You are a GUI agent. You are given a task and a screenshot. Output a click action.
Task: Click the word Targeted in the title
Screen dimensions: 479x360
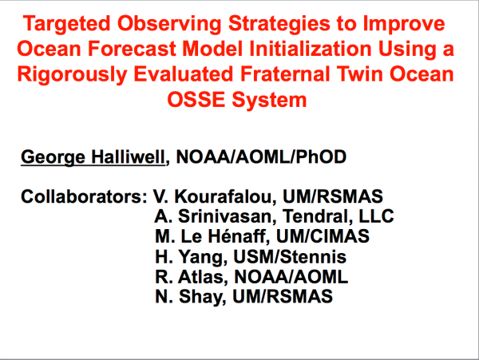pyautogui.click(x=66, y=24)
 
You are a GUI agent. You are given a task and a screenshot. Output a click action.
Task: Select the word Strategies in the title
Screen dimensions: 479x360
pyautogui.click(x=279, y=24)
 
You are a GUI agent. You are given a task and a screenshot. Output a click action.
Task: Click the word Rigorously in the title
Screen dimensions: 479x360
pyautogui.click(x=72, y=75)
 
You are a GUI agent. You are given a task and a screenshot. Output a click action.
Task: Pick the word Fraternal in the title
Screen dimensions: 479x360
pyautogui.click(x=286, y=74)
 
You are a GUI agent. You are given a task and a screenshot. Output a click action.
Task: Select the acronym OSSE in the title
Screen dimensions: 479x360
pyautogui.click(x=196, y=100)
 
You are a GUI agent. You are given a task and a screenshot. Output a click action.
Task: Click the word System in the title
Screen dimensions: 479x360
pyautogui.click(x=269, y=101)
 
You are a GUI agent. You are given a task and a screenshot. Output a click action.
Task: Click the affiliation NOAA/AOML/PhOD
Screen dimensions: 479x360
pyautogui.click(x=261, y=157)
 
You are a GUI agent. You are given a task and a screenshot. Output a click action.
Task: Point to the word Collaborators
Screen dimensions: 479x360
pyautogui.click(x=84, y=196)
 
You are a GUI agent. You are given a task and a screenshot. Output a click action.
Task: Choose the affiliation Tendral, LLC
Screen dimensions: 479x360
pyautogui.click(x=338, y=216)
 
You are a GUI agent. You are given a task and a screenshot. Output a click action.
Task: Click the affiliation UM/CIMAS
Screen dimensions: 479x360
pyautogui.click(x=323, y=236)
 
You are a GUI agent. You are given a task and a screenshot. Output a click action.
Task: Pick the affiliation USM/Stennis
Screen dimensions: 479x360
pyautogui.click(x=290, y=256)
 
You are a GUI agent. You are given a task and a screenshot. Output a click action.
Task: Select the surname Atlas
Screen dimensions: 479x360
pyautogui.click(x=203, y=277)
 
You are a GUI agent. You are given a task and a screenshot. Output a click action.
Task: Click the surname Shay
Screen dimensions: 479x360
pyautogui.click(x=203, y=297)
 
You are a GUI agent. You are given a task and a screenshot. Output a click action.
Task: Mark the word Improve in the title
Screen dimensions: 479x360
pyautogui.click(x=404, y=25)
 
